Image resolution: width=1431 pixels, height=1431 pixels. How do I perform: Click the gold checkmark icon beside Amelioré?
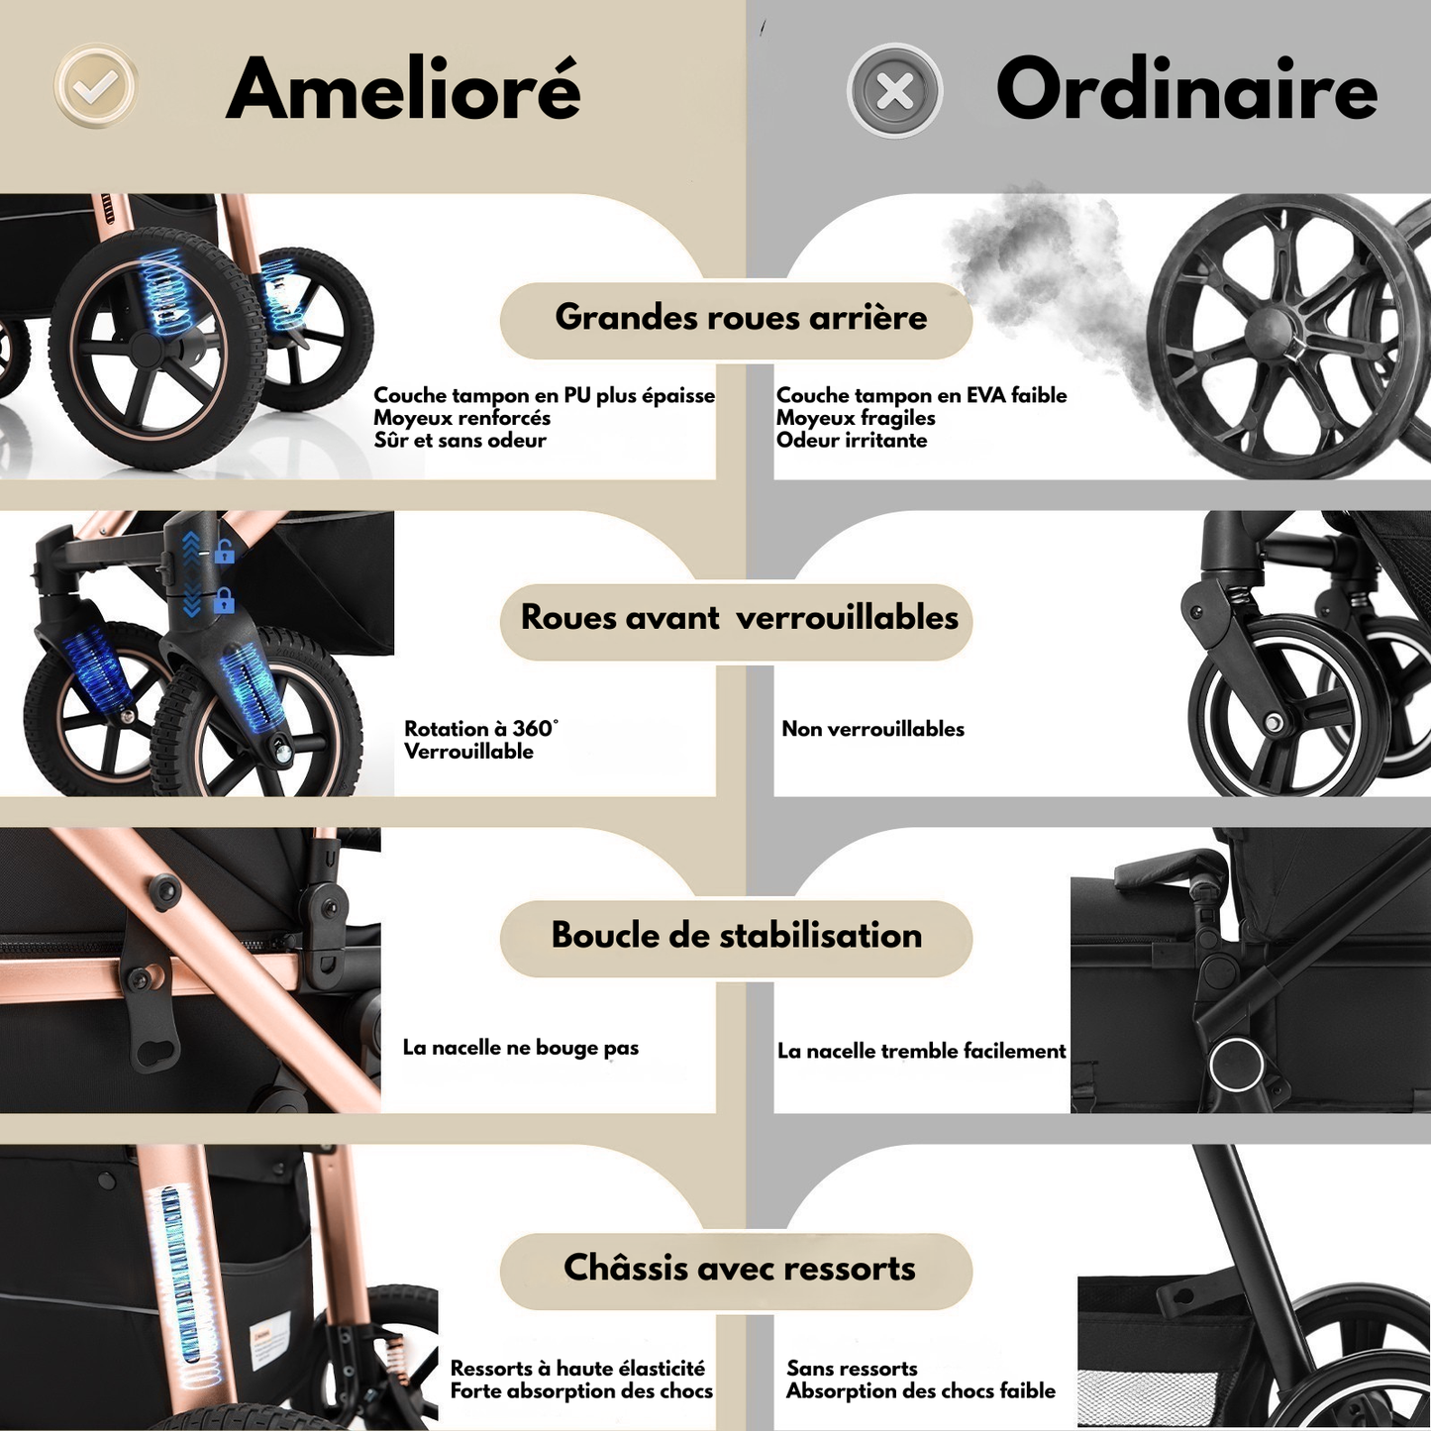click(95, 87)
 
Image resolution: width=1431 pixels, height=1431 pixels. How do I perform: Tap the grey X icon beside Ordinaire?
click(894, 91)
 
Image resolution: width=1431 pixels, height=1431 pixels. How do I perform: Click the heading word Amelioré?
click(403, 89)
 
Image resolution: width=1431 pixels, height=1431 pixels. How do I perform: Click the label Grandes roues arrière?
click(740, 318)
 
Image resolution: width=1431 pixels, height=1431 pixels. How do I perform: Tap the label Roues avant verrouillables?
click(739, 618)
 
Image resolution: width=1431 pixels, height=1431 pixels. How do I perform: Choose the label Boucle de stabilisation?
click(736, 936)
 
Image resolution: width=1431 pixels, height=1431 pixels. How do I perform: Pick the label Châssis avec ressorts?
click(739, 1269)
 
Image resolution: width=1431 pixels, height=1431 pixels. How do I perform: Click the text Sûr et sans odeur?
click(460, 441)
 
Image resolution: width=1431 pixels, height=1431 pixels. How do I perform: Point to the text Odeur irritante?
click(852, 441)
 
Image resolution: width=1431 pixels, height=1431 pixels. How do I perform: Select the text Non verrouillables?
click(872, 730)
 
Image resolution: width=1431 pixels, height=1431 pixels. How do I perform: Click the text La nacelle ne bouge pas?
click(520, 1048)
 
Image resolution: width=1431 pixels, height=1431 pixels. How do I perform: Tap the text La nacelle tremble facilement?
click(921, 1052)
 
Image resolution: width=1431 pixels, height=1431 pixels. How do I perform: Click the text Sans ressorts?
click(852, 1369)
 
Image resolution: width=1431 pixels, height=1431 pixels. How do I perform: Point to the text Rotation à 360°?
click(480, 729)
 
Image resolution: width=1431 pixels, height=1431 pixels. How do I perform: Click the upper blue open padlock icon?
click(226, 552)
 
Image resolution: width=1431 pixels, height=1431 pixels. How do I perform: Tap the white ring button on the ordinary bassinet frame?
click(1236, 1066)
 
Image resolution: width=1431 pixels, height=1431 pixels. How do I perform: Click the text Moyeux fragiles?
click(856, 418)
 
